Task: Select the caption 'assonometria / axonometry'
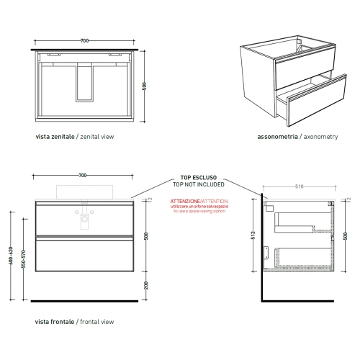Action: [x=297, y=135]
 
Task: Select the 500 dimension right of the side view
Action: [x=346, y=235]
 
